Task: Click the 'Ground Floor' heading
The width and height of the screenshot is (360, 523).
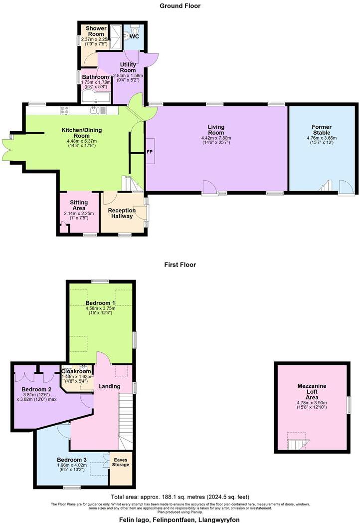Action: click(180, 5)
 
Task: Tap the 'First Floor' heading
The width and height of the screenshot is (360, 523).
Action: click(180, 264)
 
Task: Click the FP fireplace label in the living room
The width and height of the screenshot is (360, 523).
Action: click(149, 151)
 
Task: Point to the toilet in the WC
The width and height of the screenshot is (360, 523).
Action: click(129, 35)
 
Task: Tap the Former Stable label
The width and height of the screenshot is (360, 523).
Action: click(322, 127)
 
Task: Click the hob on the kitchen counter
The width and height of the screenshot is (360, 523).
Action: click(65, 110)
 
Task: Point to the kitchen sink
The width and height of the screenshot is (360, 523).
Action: click(96, 110)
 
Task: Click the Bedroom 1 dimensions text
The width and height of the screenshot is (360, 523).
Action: click(100, 311)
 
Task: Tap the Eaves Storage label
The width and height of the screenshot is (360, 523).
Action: click(121, 462)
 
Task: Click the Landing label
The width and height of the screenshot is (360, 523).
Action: click(109, 386)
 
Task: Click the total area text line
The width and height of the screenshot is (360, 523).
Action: click(180, 497)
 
